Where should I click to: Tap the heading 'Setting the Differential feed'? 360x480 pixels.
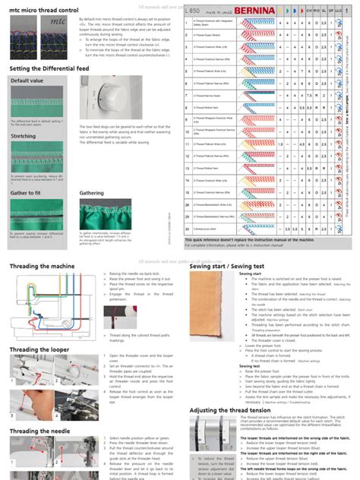coord(52,68)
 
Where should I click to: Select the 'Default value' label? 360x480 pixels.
coord(27,81)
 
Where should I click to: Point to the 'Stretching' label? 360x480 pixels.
coord(24,137)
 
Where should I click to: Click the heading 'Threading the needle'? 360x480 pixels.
coord(39,431)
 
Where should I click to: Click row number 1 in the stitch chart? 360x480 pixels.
coord(187,25)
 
